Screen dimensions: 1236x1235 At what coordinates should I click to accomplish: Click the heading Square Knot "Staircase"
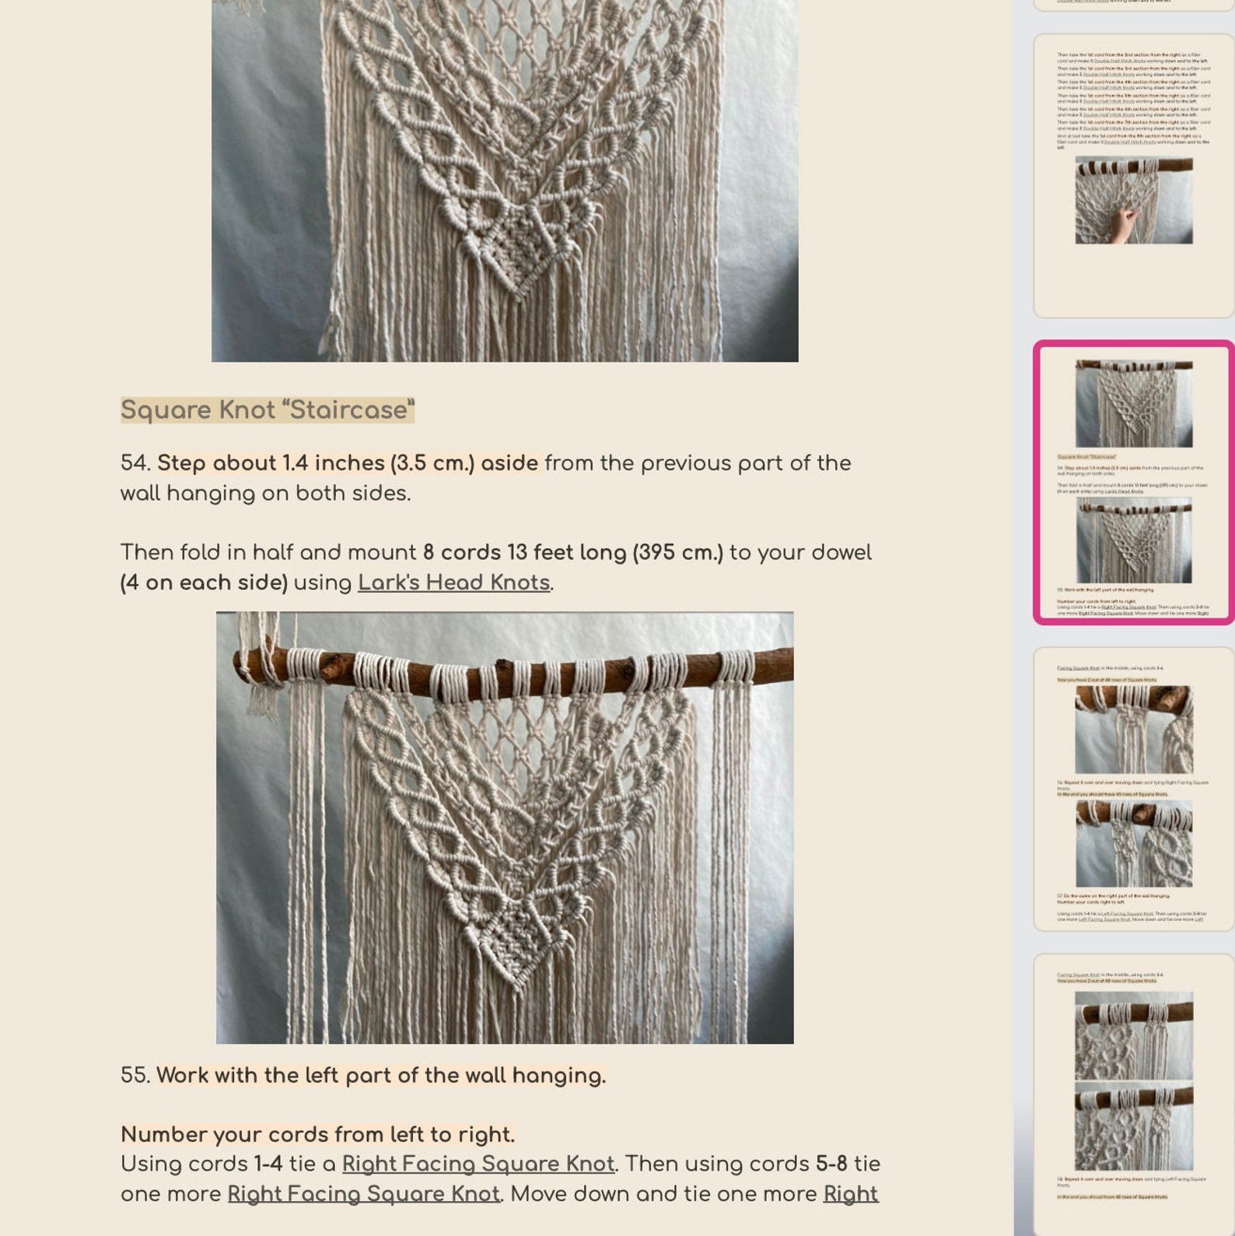(267, 410)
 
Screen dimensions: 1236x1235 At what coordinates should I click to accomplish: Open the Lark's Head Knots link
(453, 583)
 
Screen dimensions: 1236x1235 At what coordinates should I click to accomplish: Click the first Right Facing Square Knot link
(478, 1164)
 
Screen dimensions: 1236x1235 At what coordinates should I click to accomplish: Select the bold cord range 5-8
(831, 1164)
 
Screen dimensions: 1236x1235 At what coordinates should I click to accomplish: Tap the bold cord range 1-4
(268, 1164)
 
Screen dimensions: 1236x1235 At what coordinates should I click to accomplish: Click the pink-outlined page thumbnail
(1133, 482)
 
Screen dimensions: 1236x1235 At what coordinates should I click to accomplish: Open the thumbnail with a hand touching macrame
(1133, 175)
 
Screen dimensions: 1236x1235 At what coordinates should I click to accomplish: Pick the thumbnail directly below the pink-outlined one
(1133, 789)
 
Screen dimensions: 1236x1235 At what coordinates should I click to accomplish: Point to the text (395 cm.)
(677, 553)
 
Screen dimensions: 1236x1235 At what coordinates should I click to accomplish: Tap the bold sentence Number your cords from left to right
(317, 1135)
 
